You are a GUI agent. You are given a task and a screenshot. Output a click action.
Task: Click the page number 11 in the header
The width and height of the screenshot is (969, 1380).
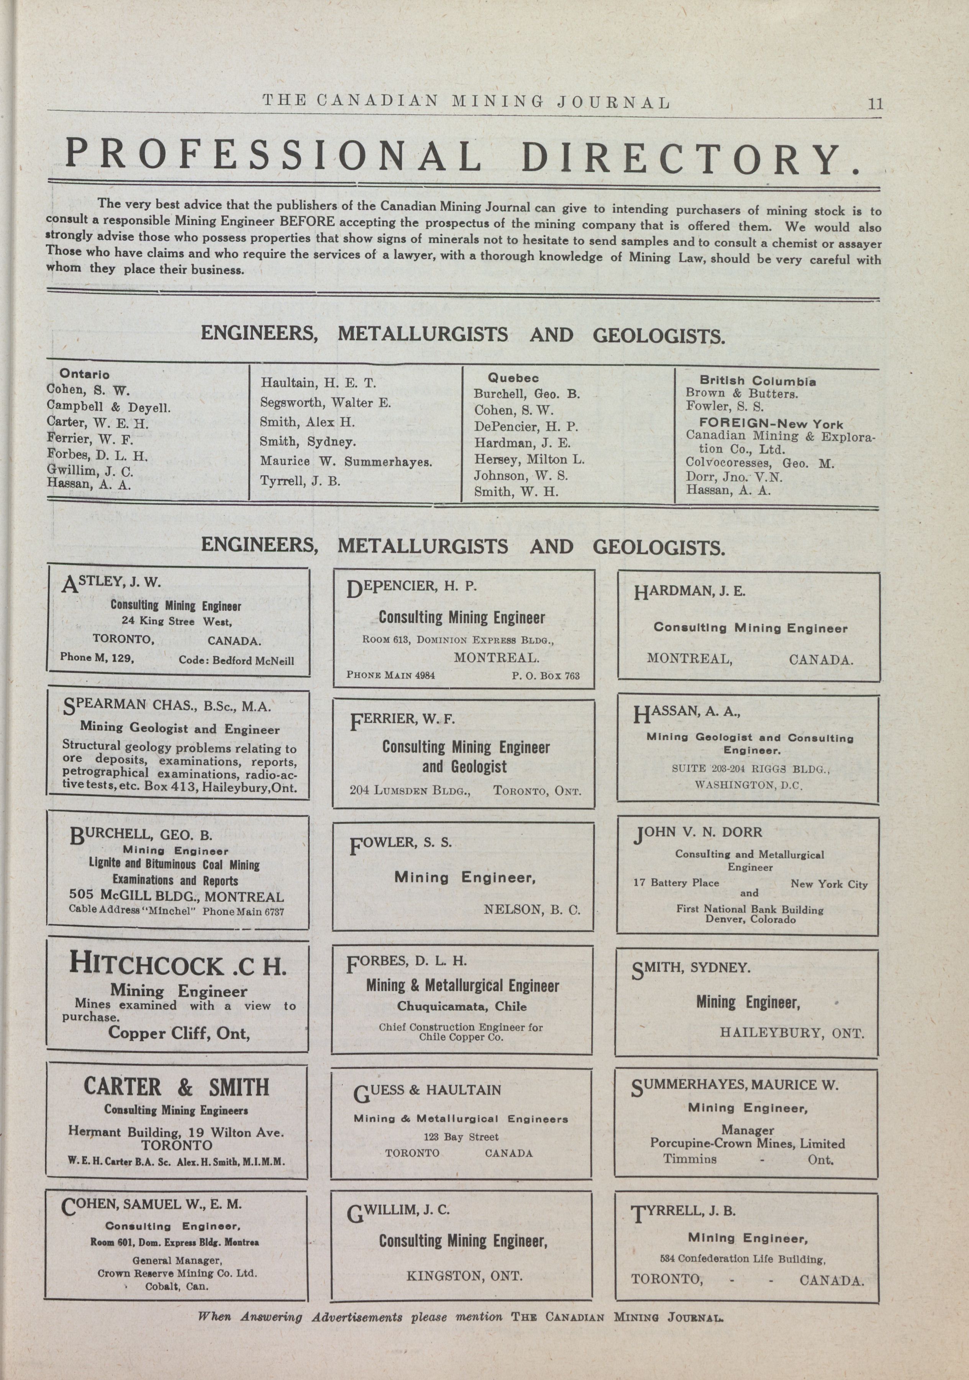click(875, 103)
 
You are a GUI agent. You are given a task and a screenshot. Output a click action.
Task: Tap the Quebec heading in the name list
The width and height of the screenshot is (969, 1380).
click(513, 378)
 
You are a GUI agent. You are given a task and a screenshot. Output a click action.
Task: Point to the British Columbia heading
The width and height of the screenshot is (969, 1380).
click(757, 381)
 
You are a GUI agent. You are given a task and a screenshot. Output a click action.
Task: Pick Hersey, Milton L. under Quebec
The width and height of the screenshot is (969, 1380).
click(529, 460)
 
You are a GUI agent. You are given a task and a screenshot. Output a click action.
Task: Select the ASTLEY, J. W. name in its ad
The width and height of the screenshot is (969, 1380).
click(112, 582)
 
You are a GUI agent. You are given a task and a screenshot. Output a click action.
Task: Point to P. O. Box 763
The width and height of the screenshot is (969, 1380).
click(546, 675)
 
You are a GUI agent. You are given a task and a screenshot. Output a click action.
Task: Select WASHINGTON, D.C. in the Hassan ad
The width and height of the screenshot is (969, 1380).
click(748, 785)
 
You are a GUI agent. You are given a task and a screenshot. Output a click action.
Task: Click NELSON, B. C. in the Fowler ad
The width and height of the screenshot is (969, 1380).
click(532, 910)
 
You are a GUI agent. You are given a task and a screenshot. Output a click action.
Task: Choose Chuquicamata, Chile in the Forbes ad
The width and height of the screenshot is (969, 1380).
click(461, 1006)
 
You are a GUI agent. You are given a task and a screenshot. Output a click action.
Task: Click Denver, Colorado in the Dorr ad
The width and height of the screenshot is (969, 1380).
click(750, 920)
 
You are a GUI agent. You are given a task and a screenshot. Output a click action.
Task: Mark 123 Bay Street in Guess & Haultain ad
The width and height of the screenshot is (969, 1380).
click(461, 1137)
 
